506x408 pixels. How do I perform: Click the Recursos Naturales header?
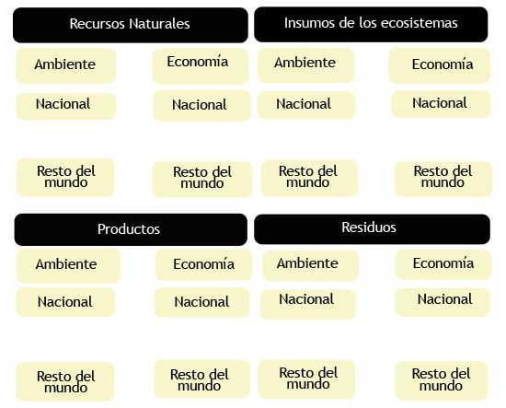(x=131, y=25)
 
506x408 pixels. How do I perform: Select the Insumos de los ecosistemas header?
(x=371, y=25)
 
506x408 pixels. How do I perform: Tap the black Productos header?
(x=131, y=229)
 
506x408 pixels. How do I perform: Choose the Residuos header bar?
(x=372, y=229)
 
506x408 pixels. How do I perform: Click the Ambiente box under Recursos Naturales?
(x=66, y=65)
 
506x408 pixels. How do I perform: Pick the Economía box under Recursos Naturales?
(x=201, y=66)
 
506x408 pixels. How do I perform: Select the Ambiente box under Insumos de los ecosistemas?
(x=306, y=65)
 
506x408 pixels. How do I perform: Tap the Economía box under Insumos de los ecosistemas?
(x=439, y=65)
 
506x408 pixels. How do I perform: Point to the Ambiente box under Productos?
(x=68, y=265)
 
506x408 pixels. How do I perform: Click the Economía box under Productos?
(x=203, y=264)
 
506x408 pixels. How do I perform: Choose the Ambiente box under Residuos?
(x=310, y=265)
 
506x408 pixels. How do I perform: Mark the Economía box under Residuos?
(x=443, y=264)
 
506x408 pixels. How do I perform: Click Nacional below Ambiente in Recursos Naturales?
(x=66, y=106)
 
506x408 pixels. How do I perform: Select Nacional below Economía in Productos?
(x=201, y=302)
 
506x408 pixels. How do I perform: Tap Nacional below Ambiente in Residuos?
(x=308, y=304)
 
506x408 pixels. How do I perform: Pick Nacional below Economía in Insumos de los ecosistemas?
(x=441, y=104)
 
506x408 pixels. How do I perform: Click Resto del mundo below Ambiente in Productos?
(x=65, y=381)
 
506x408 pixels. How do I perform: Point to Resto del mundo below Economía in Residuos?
(x=441, y=380)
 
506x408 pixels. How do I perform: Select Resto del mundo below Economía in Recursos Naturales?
(x=202, y=180)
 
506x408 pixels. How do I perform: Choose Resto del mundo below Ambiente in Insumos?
(x=309, y=179)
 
